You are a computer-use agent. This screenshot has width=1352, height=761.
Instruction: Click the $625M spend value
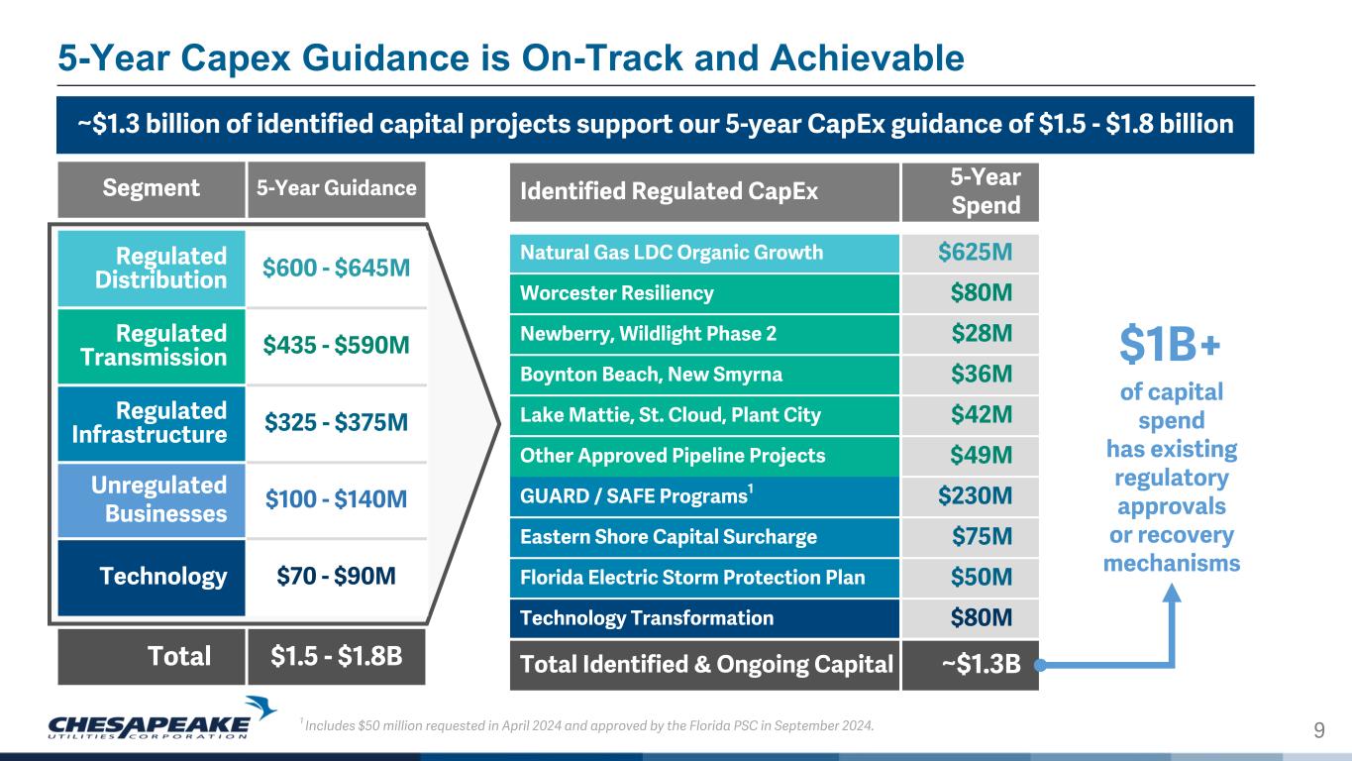[x=975, y=253]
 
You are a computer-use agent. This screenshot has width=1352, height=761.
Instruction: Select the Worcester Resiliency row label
[x=616, y=293]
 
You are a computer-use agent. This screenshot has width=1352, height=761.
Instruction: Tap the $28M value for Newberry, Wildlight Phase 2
[x=982, y=333]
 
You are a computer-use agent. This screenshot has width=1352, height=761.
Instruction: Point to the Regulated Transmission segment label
[x=154, y=346]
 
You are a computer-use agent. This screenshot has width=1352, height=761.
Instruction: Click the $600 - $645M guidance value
[x=336, y=268]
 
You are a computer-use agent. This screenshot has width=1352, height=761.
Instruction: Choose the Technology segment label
[x=163, y=577]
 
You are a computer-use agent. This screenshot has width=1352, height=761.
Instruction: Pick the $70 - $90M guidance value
[x=336, y=576]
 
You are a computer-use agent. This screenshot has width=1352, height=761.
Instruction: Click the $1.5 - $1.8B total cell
[x=336, y=656]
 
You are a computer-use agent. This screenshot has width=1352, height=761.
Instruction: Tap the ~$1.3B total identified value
[x=981, y=664]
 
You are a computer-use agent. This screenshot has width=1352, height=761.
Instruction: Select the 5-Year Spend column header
[x=985, y=191]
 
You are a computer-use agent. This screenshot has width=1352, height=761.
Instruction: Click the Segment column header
[x=151, y=188]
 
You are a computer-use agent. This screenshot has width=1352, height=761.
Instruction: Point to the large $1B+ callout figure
[x=1170, y=345]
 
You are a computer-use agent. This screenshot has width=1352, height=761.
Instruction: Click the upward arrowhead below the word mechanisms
[x=1172, y=592]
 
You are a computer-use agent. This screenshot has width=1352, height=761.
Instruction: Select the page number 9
[x=1319, y=731]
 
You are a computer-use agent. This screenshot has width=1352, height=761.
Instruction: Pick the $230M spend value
[x=975, y=495]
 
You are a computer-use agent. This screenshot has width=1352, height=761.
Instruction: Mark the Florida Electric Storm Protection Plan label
[x=692, y=578]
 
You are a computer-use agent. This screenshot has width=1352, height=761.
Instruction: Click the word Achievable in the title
[x=867, y=58]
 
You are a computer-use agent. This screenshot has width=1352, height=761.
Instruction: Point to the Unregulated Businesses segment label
[x=158, y=498]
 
